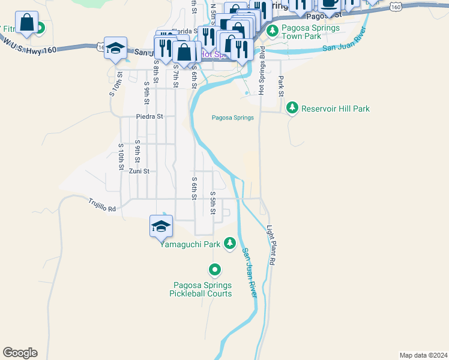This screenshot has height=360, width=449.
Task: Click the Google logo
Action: (20, 353)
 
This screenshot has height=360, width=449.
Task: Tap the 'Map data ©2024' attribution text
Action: (423, 355)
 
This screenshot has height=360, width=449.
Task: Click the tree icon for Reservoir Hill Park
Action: (292, 108)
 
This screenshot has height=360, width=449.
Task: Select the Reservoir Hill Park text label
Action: (335, 109)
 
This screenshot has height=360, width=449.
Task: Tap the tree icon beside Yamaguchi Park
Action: (229, 243)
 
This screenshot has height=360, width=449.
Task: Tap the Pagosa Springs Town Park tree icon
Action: (273, 29)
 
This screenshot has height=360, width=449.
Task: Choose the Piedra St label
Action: (149, 116)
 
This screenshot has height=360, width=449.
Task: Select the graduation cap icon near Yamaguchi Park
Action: (161, 226)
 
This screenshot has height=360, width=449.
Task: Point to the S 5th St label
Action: (212, 203)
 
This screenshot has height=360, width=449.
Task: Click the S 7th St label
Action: (175, 76)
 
